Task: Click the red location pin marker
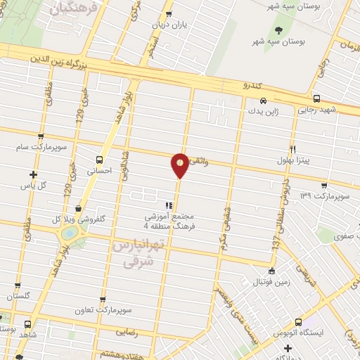click(180, 164)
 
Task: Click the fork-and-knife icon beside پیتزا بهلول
click(292, 148)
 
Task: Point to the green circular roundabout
click(70, 233)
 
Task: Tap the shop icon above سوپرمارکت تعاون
click(103, 300)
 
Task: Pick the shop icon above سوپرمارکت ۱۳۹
click(323, 186)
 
